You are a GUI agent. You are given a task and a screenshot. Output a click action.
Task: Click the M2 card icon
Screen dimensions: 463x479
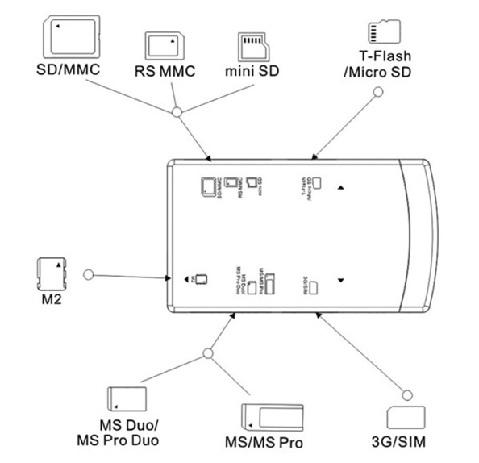pos(53,274)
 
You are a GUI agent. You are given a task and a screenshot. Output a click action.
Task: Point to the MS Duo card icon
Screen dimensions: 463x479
pos(126,398)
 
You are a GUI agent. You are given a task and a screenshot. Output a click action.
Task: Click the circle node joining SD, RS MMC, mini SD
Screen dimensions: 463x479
pos(177,107)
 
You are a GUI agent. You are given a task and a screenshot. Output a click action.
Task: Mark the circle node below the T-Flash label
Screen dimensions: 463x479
pos(375,94)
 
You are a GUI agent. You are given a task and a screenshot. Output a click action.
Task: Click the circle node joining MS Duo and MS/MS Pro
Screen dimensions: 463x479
pos(208,352)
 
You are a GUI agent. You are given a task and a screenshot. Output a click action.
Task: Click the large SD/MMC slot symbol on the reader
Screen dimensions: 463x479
pos(207,186)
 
